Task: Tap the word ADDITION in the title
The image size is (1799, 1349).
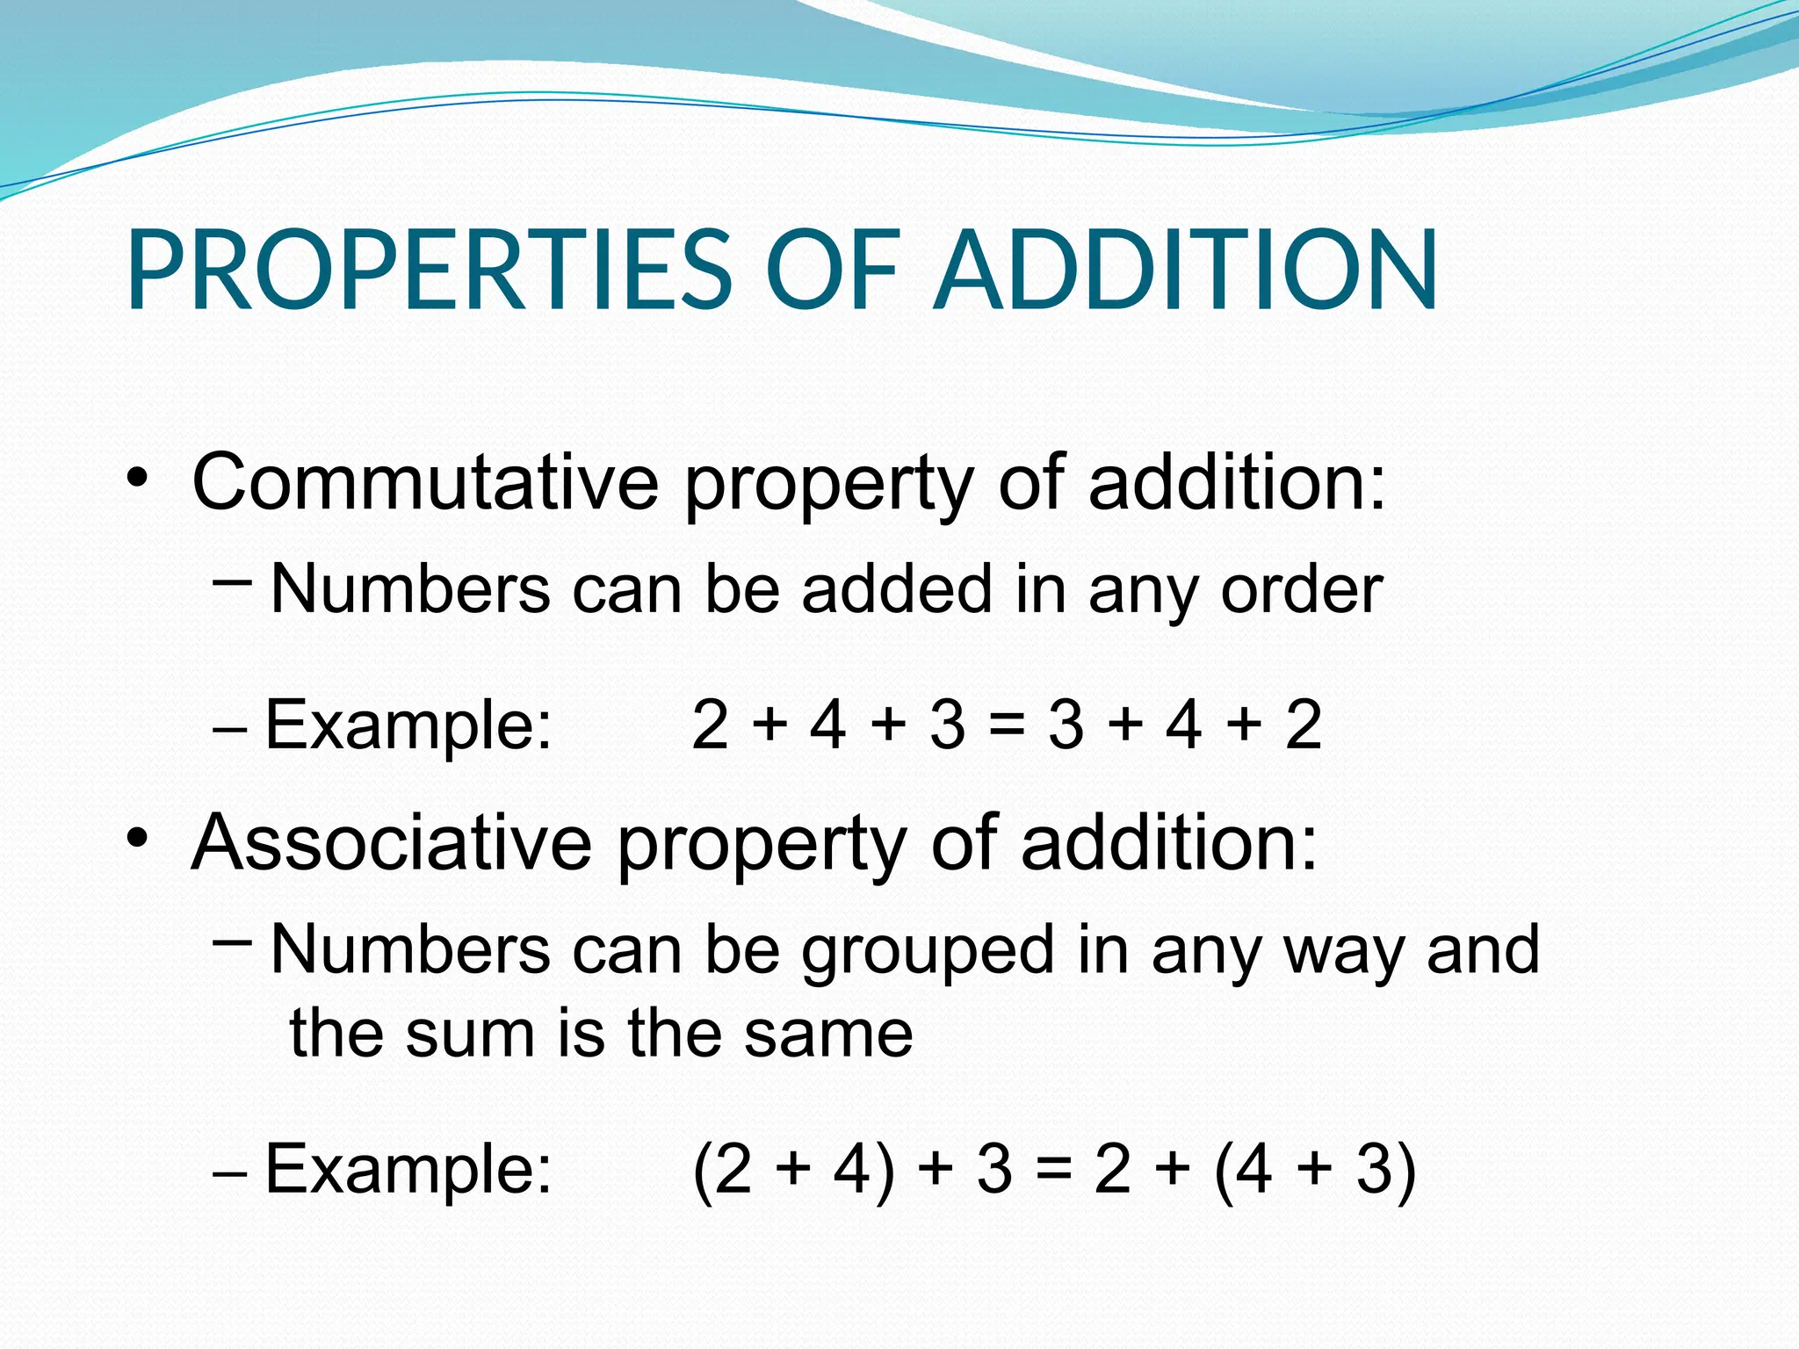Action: [x=1186, y=270]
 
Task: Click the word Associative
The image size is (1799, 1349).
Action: [x=392, y=842]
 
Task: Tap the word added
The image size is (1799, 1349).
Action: [x=896, y=589]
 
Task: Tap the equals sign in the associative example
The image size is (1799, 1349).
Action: [x=1052, y=1170]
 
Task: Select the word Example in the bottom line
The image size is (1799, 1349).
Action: [x=408, y=1170]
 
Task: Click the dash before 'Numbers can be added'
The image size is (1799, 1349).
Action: [x=232, y=581]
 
